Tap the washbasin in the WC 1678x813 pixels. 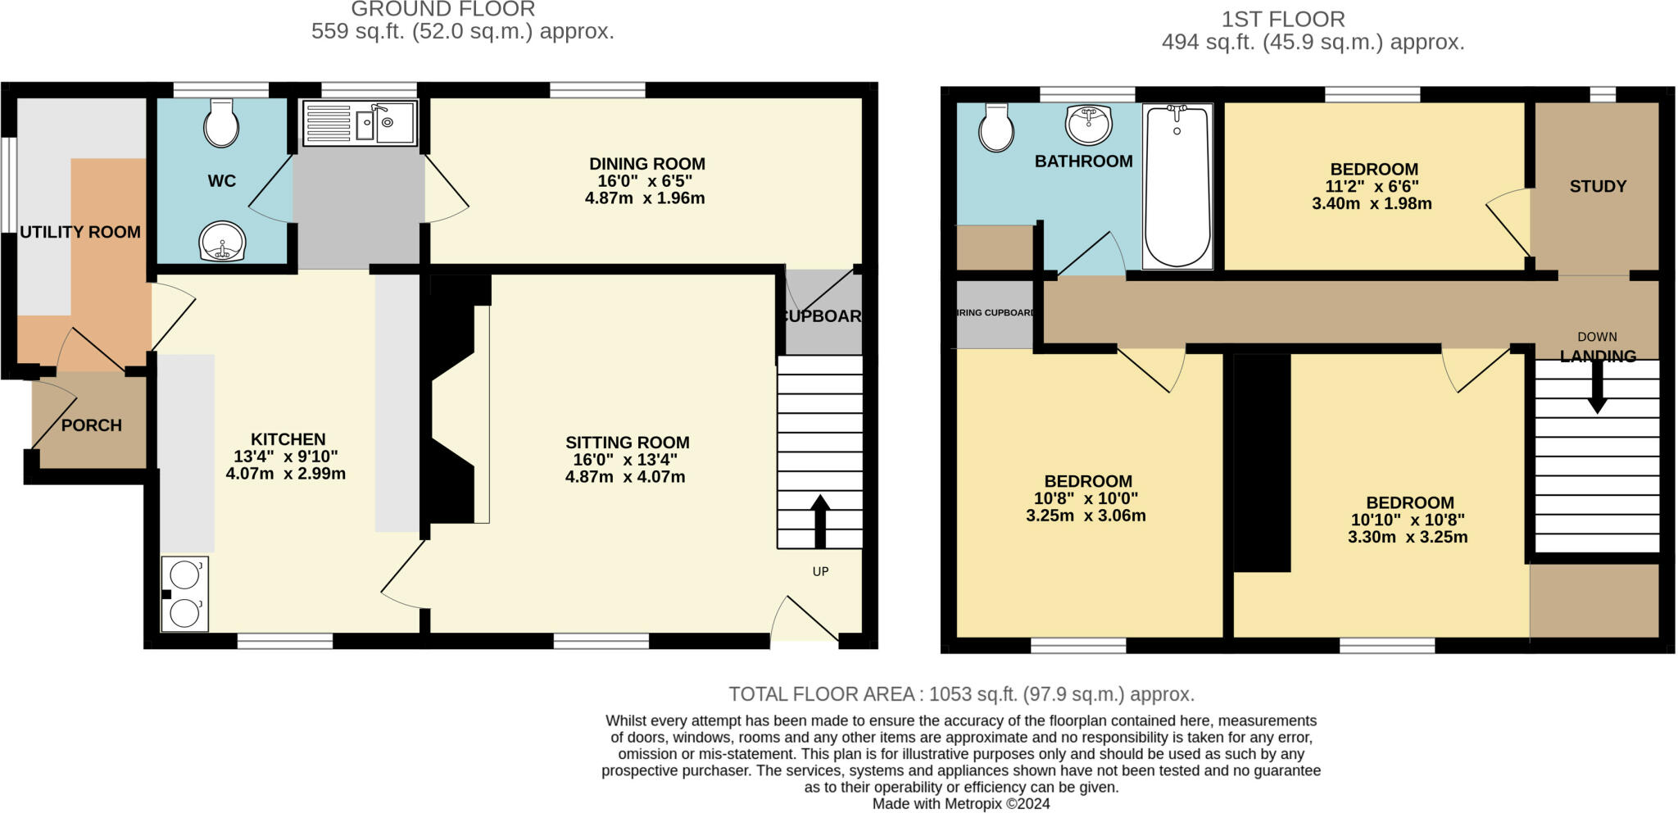(222, 242)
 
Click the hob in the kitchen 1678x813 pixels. (185, 594)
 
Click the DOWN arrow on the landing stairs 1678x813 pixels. (1597, 387)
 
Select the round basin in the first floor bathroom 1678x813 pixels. (1089, 125)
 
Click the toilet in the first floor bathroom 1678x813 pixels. (996, 128)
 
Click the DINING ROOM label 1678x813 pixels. (646, 164)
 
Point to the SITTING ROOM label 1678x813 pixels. (627, 443)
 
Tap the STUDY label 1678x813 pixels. (1598, 186)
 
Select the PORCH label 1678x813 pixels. (92, 425)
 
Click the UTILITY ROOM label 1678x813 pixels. (80, 232)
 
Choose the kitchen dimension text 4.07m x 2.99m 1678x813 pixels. (286, 474)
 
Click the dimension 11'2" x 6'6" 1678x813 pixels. (1372, 187)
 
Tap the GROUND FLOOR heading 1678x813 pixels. (443, 10)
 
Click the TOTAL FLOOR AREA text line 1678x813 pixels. (961, 694)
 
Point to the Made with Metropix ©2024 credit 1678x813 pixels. (961, 804)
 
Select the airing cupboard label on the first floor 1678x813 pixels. (995, 313)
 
